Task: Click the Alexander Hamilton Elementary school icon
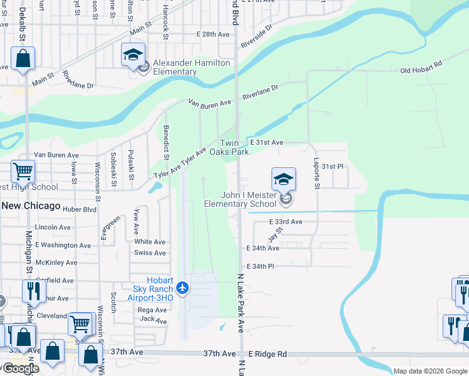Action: click(134, 55)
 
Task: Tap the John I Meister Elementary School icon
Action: click(283, 180)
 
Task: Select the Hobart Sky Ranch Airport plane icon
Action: click(182, 288)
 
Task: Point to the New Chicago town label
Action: click(31, 206)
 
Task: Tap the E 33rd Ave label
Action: click(286, 222)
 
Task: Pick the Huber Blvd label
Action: click(80, 209)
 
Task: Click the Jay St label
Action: click(273, 236)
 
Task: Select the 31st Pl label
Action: click(333, 167)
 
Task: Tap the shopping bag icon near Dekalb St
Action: click(23, 59)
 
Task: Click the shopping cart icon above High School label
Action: click(23, 170)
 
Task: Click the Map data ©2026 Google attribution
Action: click(429, 371)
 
